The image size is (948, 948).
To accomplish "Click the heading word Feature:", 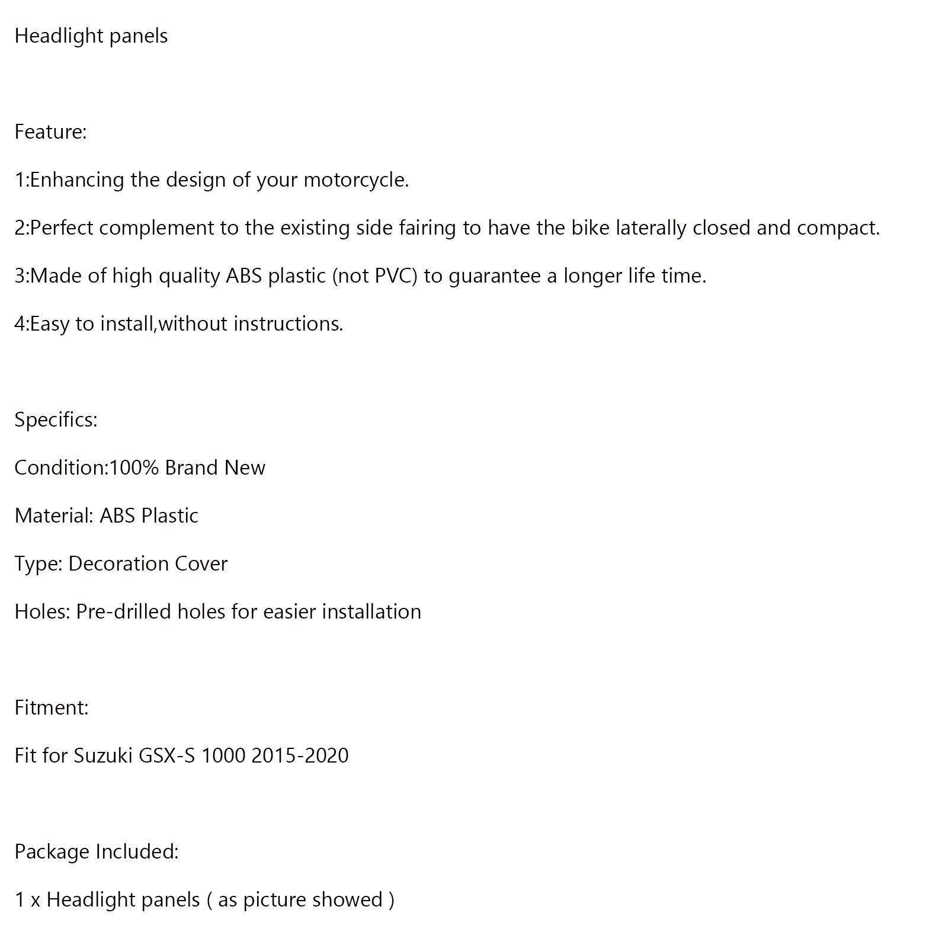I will [x=50, y=132].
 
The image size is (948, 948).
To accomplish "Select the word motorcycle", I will [x=355, y=180].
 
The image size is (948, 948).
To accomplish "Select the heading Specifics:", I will [x=56, y=419].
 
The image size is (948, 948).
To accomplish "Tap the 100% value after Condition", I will [x=134, y=467].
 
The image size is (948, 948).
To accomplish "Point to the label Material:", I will [x=54, y=515].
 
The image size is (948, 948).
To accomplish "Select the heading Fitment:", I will [x=52, y=707].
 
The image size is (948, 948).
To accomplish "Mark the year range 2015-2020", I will [x=300, y=755].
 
